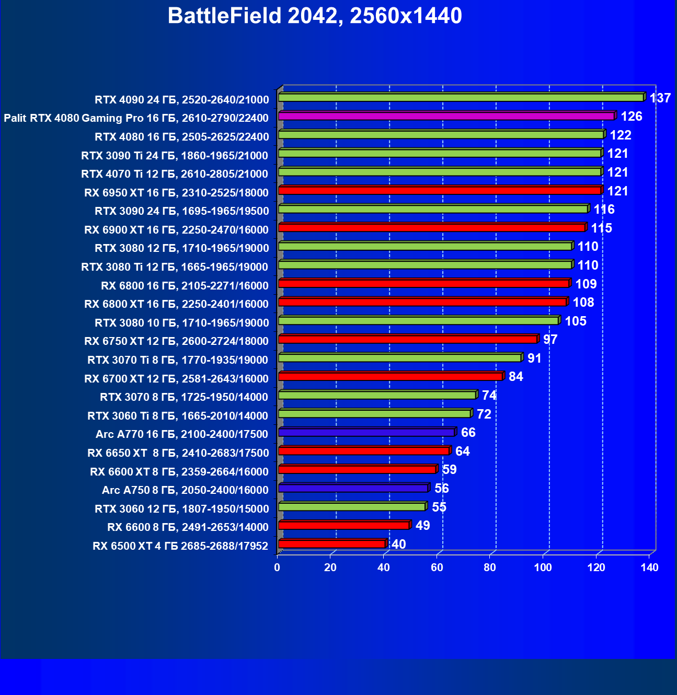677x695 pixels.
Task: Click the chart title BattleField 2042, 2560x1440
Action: [x=315, y=16]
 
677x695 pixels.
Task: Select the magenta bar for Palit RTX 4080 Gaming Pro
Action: [x=446, y=116]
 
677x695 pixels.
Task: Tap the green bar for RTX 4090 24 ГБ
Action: [x=461, y=98]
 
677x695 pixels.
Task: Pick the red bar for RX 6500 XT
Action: [x=332, y=544]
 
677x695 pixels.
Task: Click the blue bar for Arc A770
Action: [x=366, y=432]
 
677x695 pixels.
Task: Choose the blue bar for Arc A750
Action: [x=353, y=488]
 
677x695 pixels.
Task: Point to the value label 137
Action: [x=660, y=98]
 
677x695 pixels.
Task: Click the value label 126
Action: [x=631, y=116]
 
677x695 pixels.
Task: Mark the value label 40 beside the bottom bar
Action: [x=398, y=544]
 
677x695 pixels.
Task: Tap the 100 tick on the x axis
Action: [x=543, y=567]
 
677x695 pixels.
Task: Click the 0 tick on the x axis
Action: [x=277, y=567]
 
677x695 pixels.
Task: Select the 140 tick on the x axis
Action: [x=649, y=567]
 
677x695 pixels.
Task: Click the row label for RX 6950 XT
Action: [x=176, y=193]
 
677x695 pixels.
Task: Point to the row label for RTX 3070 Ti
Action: [x=178, y=360]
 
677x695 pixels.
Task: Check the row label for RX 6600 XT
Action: [x=179, y=472]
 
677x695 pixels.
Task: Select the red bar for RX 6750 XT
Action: [x=408, y=339]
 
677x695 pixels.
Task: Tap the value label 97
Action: [x=550, y=339]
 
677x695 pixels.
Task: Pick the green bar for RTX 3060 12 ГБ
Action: [x=352, y=507]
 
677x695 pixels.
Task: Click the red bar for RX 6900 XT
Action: [x=432, y=228]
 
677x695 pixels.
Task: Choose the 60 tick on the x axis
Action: [x=437, y=567]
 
